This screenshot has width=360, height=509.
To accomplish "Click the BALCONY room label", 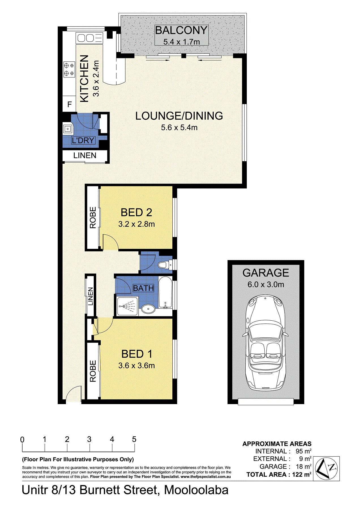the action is click(x=181, y=30).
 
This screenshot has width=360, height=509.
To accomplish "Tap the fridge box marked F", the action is click(x=69, y=104).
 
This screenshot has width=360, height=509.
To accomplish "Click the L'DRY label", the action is click(x=83, y=140).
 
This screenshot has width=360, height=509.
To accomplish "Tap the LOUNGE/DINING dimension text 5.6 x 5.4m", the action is click(x=179, y=128).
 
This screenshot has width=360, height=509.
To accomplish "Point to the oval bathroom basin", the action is click(x=148, y=309).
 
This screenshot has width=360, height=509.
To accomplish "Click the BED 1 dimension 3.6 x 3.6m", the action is click(x=136, y=366).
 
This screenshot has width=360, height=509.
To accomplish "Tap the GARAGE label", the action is click(x=266, y=273).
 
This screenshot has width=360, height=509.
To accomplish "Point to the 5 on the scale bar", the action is click(x=134, y=439).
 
